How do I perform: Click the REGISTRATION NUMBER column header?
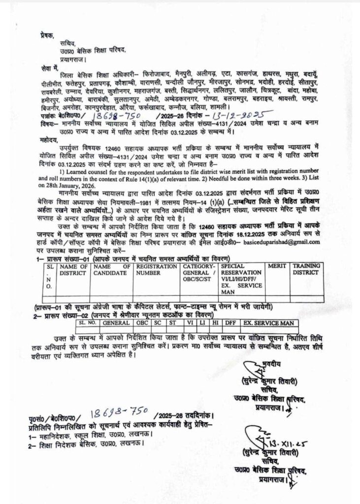[x=157, y=269]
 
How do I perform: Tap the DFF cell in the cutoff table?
[x=229, y=323]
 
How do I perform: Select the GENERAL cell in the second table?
[x=117, y=323]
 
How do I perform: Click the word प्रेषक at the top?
[x=48, y=35]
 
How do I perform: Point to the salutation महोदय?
[x=50, y=139]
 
